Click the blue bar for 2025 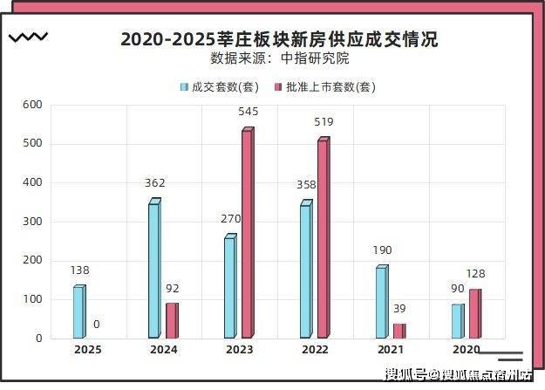(79, 312)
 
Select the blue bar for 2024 (154, 270)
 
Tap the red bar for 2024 (172, 320)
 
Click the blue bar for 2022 (305, 271)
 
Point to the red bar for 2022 (323, 238)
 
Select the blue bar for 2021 (381, 302)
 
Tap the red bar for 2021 (399, 331)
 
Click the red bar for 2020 (474, 313)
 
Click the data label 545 (248, 112)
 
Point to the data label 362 (155, 183)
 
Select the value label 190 (382, 250)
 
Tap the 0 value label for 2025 (96, 325)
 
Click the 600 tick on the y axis (32, 105)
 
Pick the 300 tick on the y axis (32, 222)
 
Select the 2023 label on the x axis (239, 350)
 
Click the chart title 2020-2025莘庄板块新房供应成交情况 (279, 39)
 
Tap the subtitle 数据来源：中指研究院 (279, 59)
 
